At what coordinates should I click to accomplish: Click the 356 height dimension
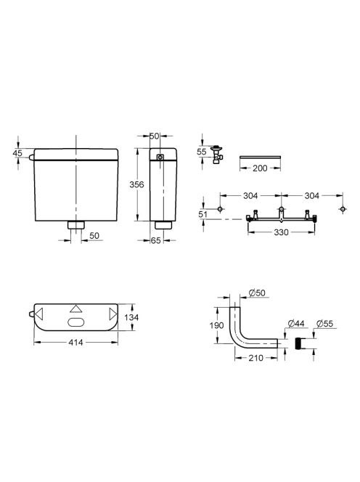point(136,184)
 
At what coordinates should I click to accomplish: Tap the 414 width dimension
point(75,342)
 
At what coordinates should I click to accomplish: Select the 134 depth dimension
point(131,317)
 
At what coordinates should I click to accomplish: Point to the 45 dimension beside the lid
point(18,152)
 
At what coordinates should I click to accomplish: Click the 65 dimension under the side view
point(156,240)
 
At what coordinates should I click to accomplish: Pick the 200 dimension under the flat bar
point(260,168)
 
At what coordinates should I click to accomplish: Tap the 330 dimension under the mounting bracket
point(281,232)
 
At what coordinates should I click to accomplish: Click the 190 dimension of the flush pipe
point(217,325)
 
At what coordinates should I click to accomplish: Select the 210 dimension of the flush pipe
point(255,358)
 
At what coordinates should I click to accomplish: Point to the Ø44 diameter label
point(296,323)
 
